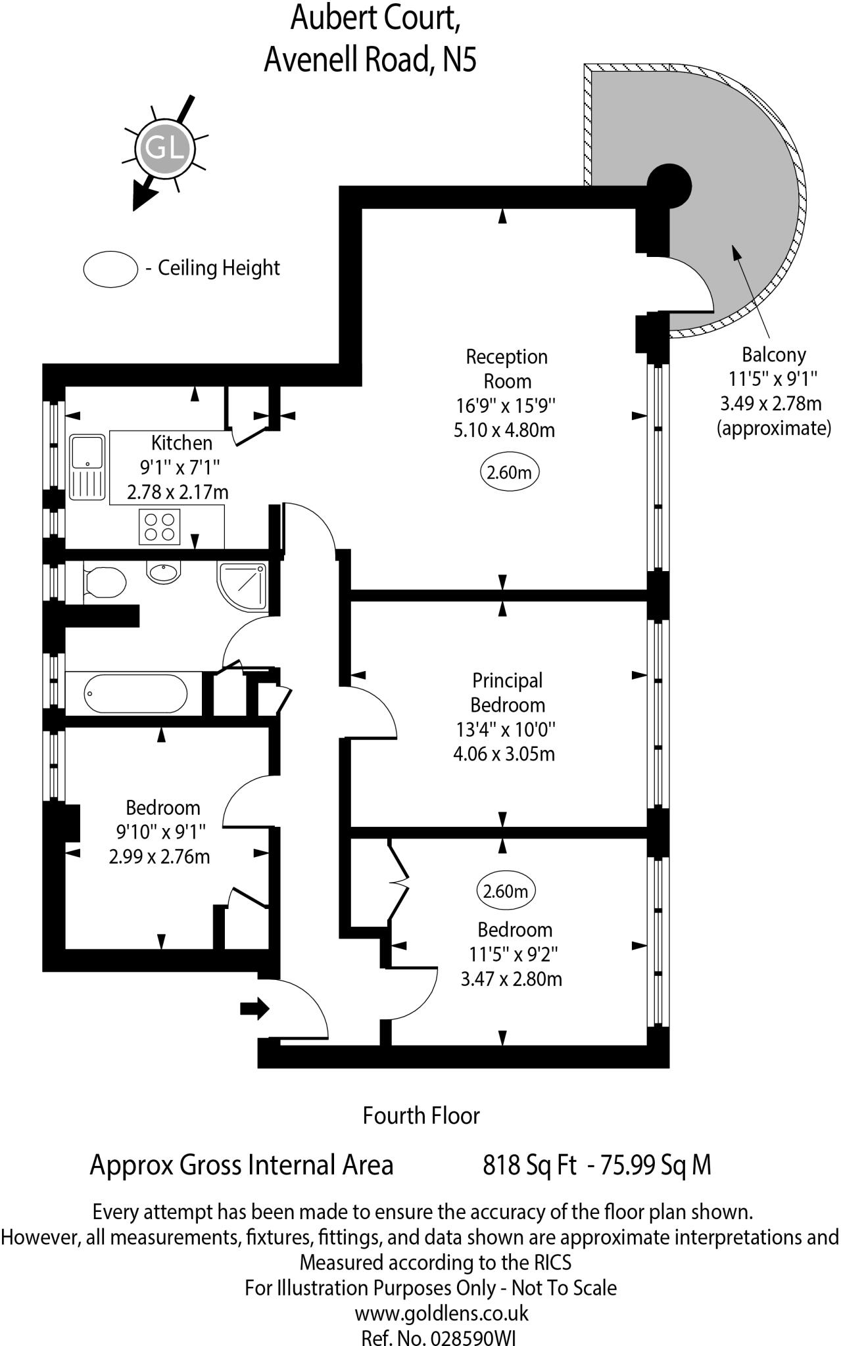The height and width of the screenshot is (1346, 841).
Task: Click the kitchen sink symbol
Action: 87,467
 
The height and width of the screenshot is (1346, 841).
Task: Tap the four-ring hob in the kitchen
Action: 159,526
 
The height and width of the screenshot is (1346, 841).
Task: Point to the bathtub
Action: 135,693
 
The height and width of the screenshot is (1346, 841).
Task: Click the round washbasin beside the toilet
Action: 164,572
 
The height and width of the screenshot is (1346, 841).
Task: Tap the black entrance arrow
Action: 254,1008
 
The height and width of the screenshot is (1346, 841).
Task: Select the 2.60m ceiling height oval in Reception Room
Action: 509,472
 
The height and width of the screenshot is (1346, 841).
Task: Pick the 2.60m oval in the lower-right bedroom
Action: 505,891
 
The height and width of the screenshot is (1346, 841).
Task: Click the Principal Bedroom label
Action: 507,693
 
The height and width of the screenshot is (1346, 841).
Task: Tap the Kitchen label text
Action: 181,442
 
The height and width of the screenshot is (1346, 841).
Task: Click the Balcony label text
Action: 773,355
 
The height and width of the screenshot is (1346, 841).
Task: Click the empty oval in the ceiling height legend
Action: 110,269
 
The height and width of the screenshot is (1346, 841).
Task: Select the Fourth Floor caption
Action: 421,1115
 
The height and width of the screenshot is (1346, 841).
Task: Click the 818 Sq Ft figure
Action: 529,1165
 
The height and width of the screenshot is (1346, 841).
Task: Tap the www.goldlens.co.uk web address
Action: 441,1314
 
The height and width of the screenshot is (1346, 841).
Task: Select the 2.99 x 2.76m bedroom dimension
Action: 159,856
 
